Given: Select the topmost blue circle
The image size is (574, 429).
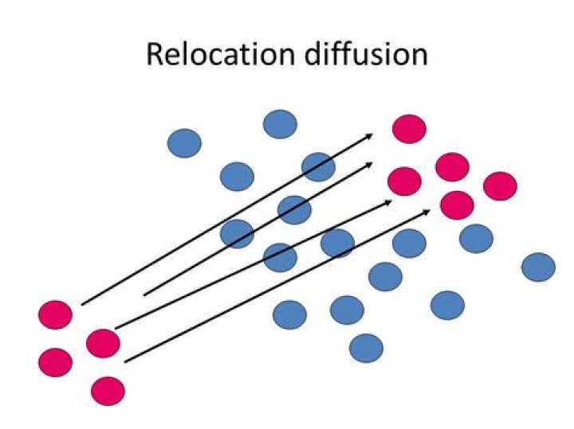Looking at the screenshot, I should tap(280, 124).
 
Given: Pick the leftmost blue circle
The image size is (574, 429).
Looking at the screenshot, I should tap(184, 143).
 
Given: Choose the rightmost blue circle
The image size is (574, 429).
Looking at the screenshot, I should tap(538, 267).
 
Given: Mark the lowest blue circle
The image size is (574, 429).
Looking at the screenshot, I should tap(366, 348).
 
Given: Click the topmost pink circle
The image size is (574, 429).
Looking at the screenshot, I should tap(409, 128).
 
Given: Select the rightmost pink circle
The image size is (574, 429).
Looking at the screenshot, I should tap(500, 185).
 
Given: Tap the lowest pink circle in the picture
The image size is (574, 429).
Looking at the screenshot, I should tap(108, 391).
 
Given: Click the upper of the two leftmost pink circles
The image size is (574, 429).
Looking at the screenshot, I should tap(55, 314).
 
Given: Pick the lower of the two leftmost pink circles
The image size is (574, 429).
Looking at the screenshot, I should tap(55, 362).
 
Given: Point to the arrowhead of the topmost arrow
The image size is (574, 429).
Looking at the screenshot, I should tap(373, 135).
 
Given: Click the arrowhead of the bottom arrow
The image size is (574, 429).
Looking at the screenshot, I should tap(431, 210).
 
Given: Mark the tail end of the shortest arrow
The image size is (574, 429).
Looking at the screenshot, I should tap(143, 294).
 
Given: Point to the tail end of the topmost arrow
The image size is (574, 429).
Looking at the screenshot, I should tap(81, 304).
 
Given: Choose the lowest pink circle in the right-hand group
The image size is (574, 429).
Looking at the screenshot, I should tap(457, 205).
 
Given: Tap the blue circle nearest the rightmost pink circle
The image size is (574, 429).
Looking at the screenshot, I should tap(476, 237).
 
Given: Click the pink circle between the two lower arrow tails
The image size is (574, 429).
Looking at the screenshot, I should tap(103, 343).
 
